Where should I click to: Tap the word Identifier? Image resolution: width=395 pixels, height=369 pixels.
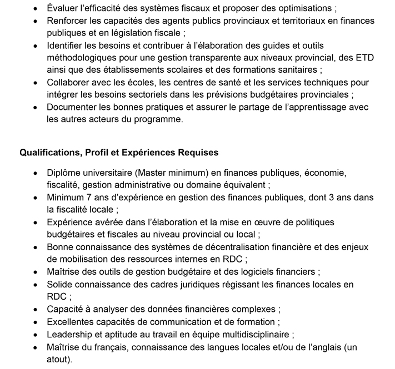[x=67, y=45]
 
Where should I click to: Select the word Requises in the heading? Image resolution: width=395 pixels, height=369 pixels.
[x=199, y=151]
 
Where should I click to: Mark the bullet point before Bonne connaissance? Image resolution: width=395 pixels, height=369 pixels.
[x=36, y=246]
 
